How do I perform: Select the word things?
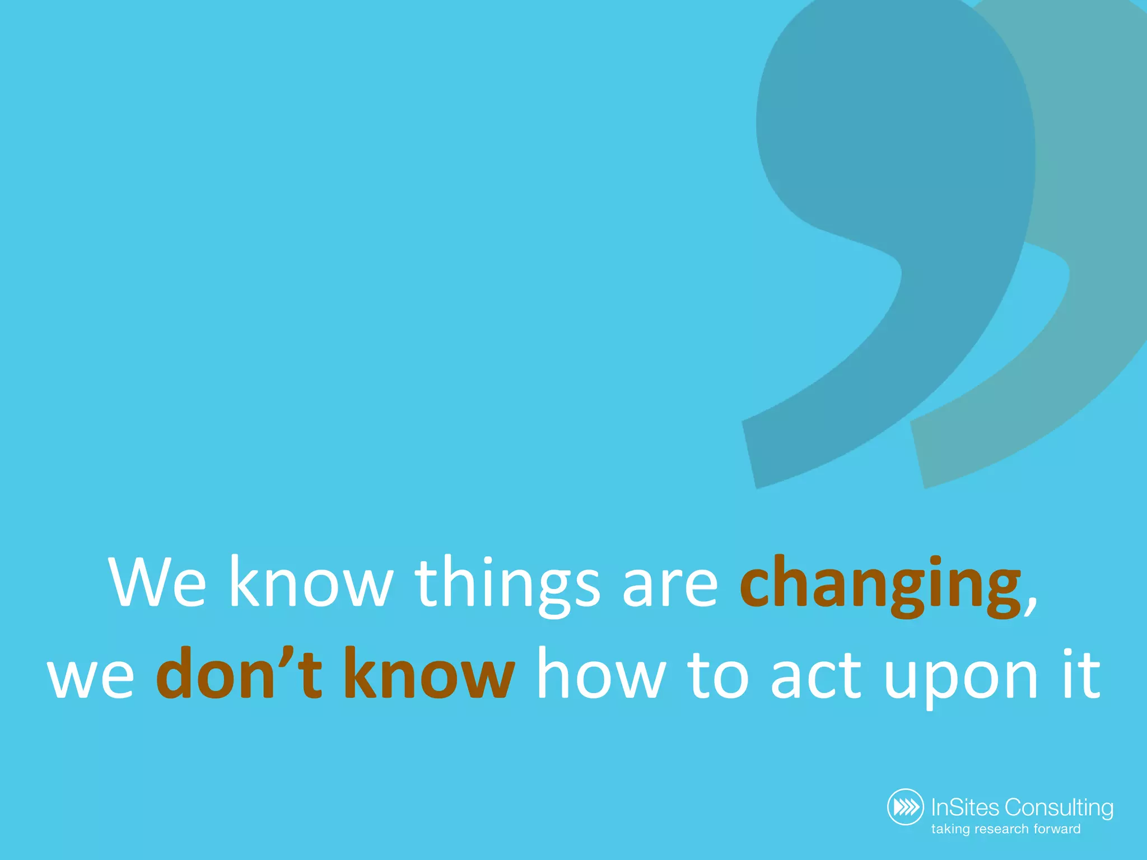(x=507, y=585)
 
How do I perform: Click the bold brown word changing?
(x=880, y=585)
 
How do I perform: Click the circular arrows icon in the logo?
(x=906, y=807)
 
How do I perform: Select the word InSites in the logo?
(x=965, y=807)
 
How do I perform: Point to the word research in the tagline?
(x=1003, y=829)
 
